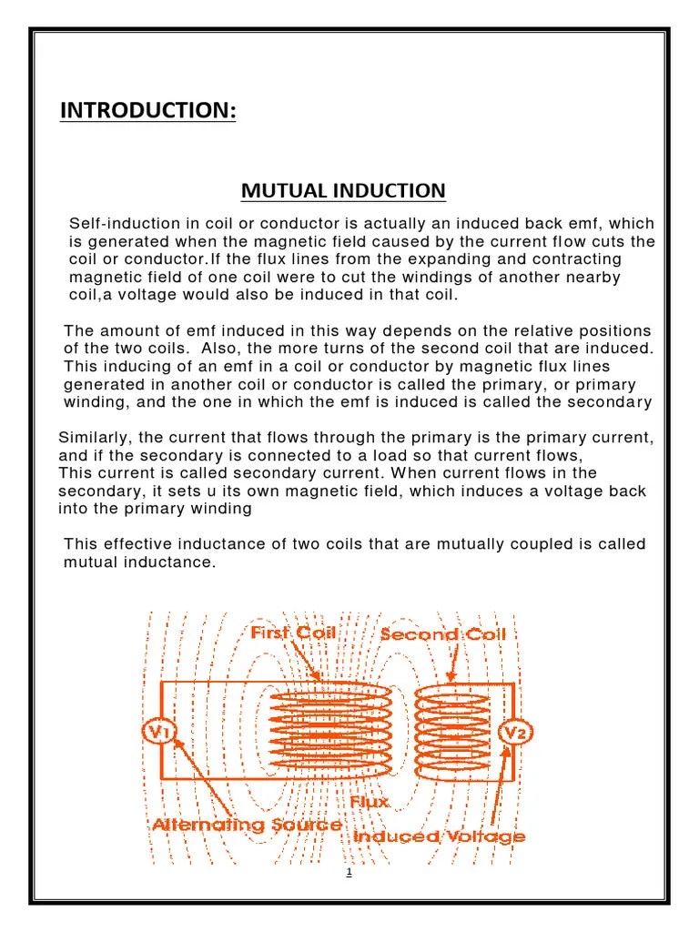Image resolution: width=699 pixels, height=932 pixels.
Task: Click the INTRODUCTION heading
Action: [x=147, y=110]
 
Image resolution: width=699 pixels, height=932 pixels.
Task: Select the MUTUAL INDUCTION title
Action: [x=343, y=190]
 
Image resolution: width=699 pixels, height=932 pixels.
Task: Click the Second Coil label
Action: [x=442, y=634]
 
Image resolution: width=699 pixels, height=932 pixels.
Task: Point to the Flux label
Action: [x=370, y=802]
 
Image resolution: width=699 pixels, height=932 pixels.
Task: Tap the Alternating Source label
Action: [x=246, y=825]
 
